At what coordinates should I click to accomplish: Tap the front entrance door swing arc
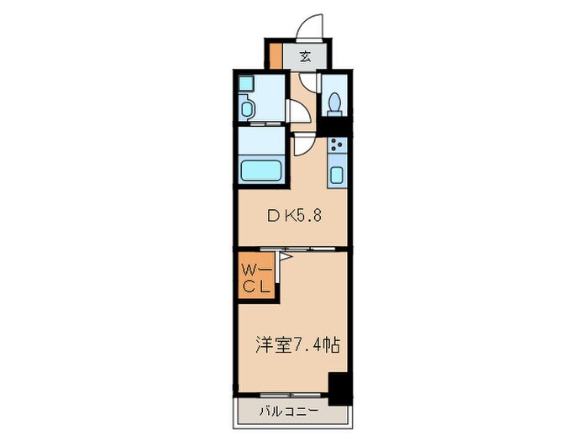312,26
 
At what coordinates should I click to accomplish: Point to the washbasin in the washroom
248,108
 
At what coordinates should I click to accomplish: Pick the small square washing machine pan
245,84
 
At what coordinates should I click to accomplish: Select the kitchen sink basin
337,176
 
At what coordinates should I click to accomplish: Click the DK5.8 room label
294,215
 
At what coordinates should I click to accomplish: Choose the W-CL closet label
256,278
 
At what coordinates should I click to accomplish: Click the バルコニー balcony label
287,412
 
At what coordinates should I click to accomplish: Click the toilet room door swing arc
309,84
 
